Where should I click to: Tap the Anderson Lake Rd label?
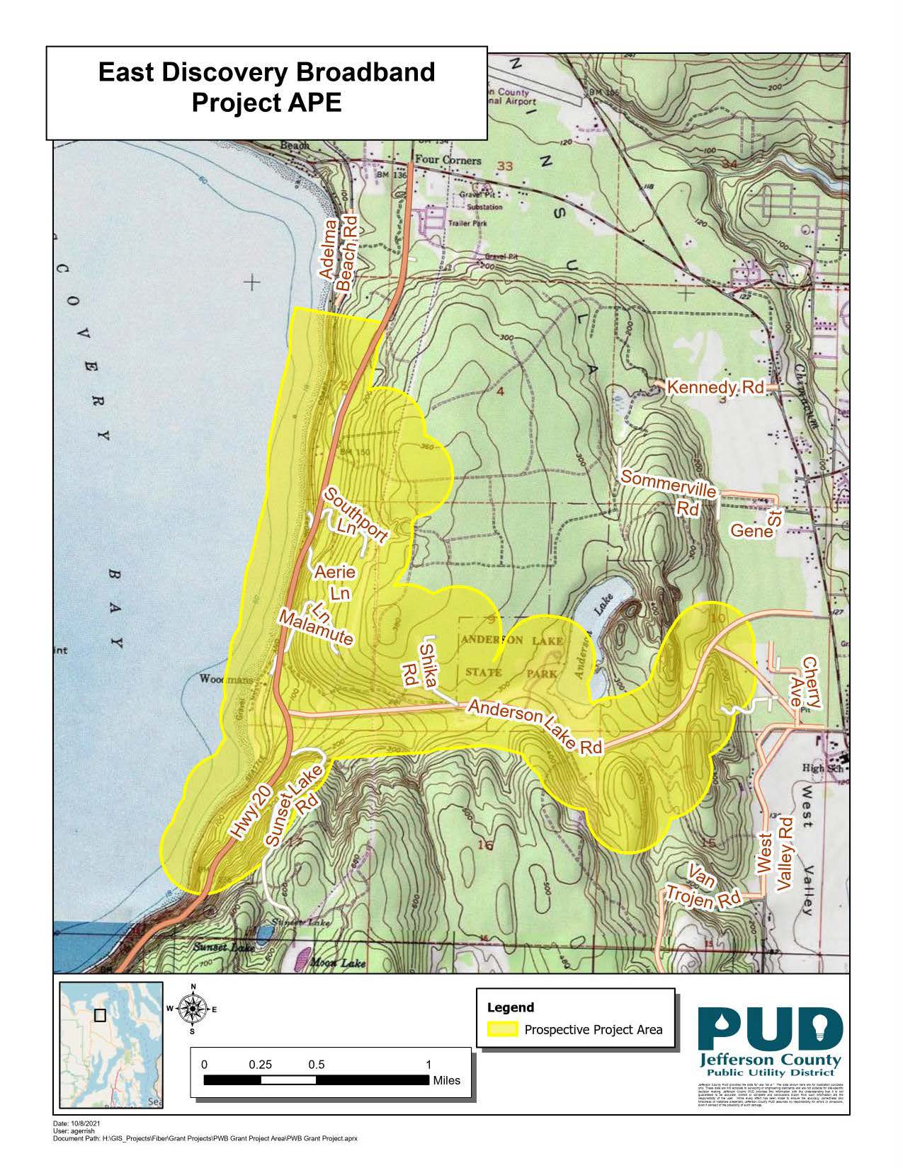click(535, 726)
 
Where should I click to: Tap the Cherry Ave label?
click(811, 682)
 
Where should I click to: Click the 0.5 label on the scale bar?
click(317, 1065)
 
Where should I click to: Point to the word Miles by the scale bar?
click(446, 1080)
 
